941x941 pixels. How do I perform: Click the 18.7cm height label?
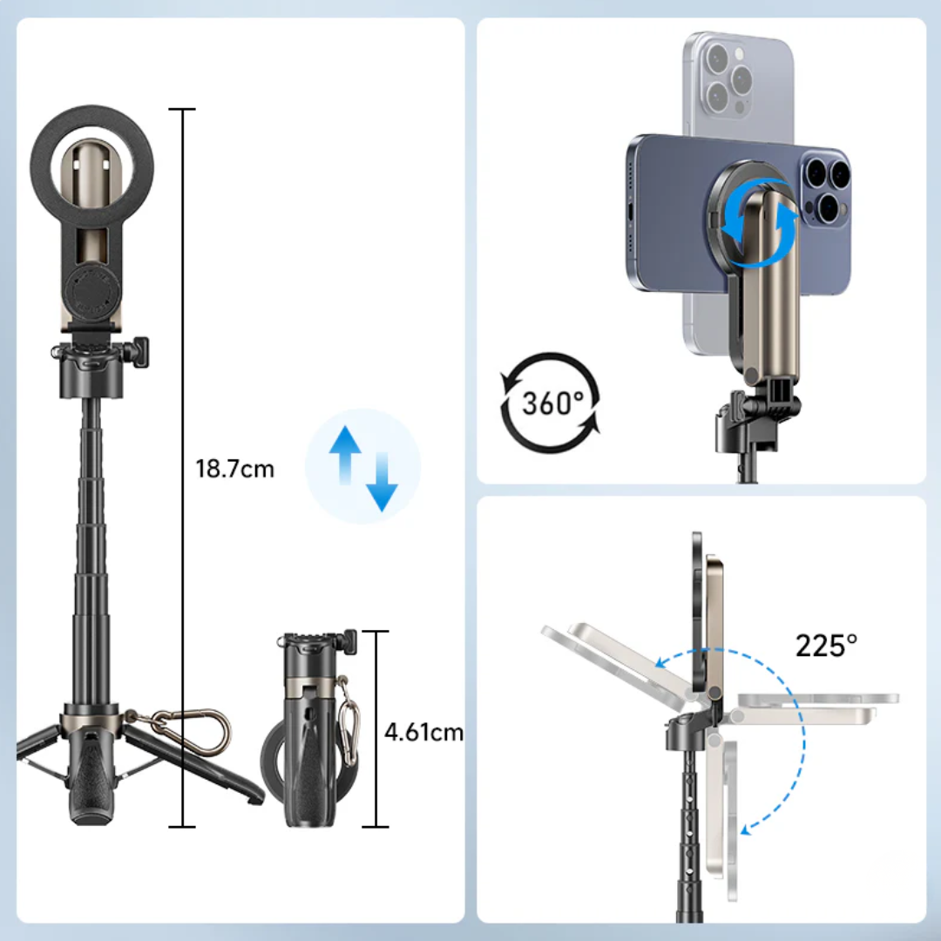(x=234, y=469)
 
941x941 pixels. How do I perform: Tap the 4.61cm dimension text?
(x=423, y=732)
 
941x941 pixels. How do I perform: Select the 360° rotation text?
(x=552, y=403)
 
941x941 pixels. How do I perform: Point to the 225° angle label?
(x=826, y=646)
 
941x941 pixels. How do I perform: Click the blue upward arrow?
(x=345, y=455)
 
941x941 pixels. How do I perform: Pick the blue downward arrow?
(x=382, y=481)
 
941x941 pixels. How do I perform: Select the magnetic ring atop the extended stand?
(x=91, y=168)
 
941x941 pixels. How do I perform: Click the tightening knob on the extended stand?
(x=140, y=352)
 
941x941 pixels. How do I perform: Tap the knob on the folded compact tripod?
(x=349, y=642)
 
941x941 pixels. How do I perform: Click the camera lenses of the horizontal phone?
(x=826, y=188)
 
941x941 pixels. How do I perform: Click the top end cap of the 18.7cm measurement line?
(x=182, y=109)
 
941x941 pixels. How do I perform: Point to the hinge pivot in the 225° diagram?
(x=714, y=694)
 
